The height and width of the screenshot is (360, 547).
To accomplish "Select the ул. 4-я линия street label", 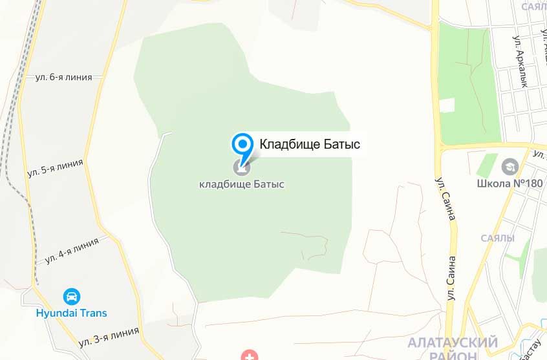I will [x=72, y=250].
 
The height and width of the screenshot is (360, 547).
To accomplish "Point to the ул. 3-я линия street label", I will [x=109, y=335].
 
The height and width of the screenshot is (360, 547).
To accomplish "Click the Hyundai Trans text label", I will [x=71, y=313].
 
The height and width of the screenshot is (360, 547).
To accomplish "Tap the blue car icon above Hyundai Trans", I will [x=72, y=297].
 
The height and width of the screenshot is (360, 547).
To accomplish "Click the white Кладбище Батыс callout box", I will [x=309, y=143].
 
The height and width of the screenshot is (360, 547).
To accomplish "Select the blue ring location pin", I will [x=242, y=143].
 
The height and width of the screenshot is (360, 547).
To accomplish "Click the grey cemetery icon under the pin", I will [x=242, y=169].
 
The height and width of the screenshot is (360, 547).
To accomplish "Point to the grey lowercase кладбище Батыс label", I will [x=242, y=184].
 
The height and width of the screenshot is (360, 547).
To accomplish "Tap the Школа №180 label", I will [x=510, y=183].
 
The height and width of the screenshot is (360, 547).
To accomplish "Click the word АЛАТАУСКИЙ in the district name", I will [x=453, y=342].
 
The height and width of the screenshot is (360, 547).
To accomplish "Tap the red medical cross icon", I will [x=249, y=354].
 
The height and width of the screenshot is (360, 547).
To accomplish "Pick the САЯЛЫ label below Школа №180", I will [x=498, y=238].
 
